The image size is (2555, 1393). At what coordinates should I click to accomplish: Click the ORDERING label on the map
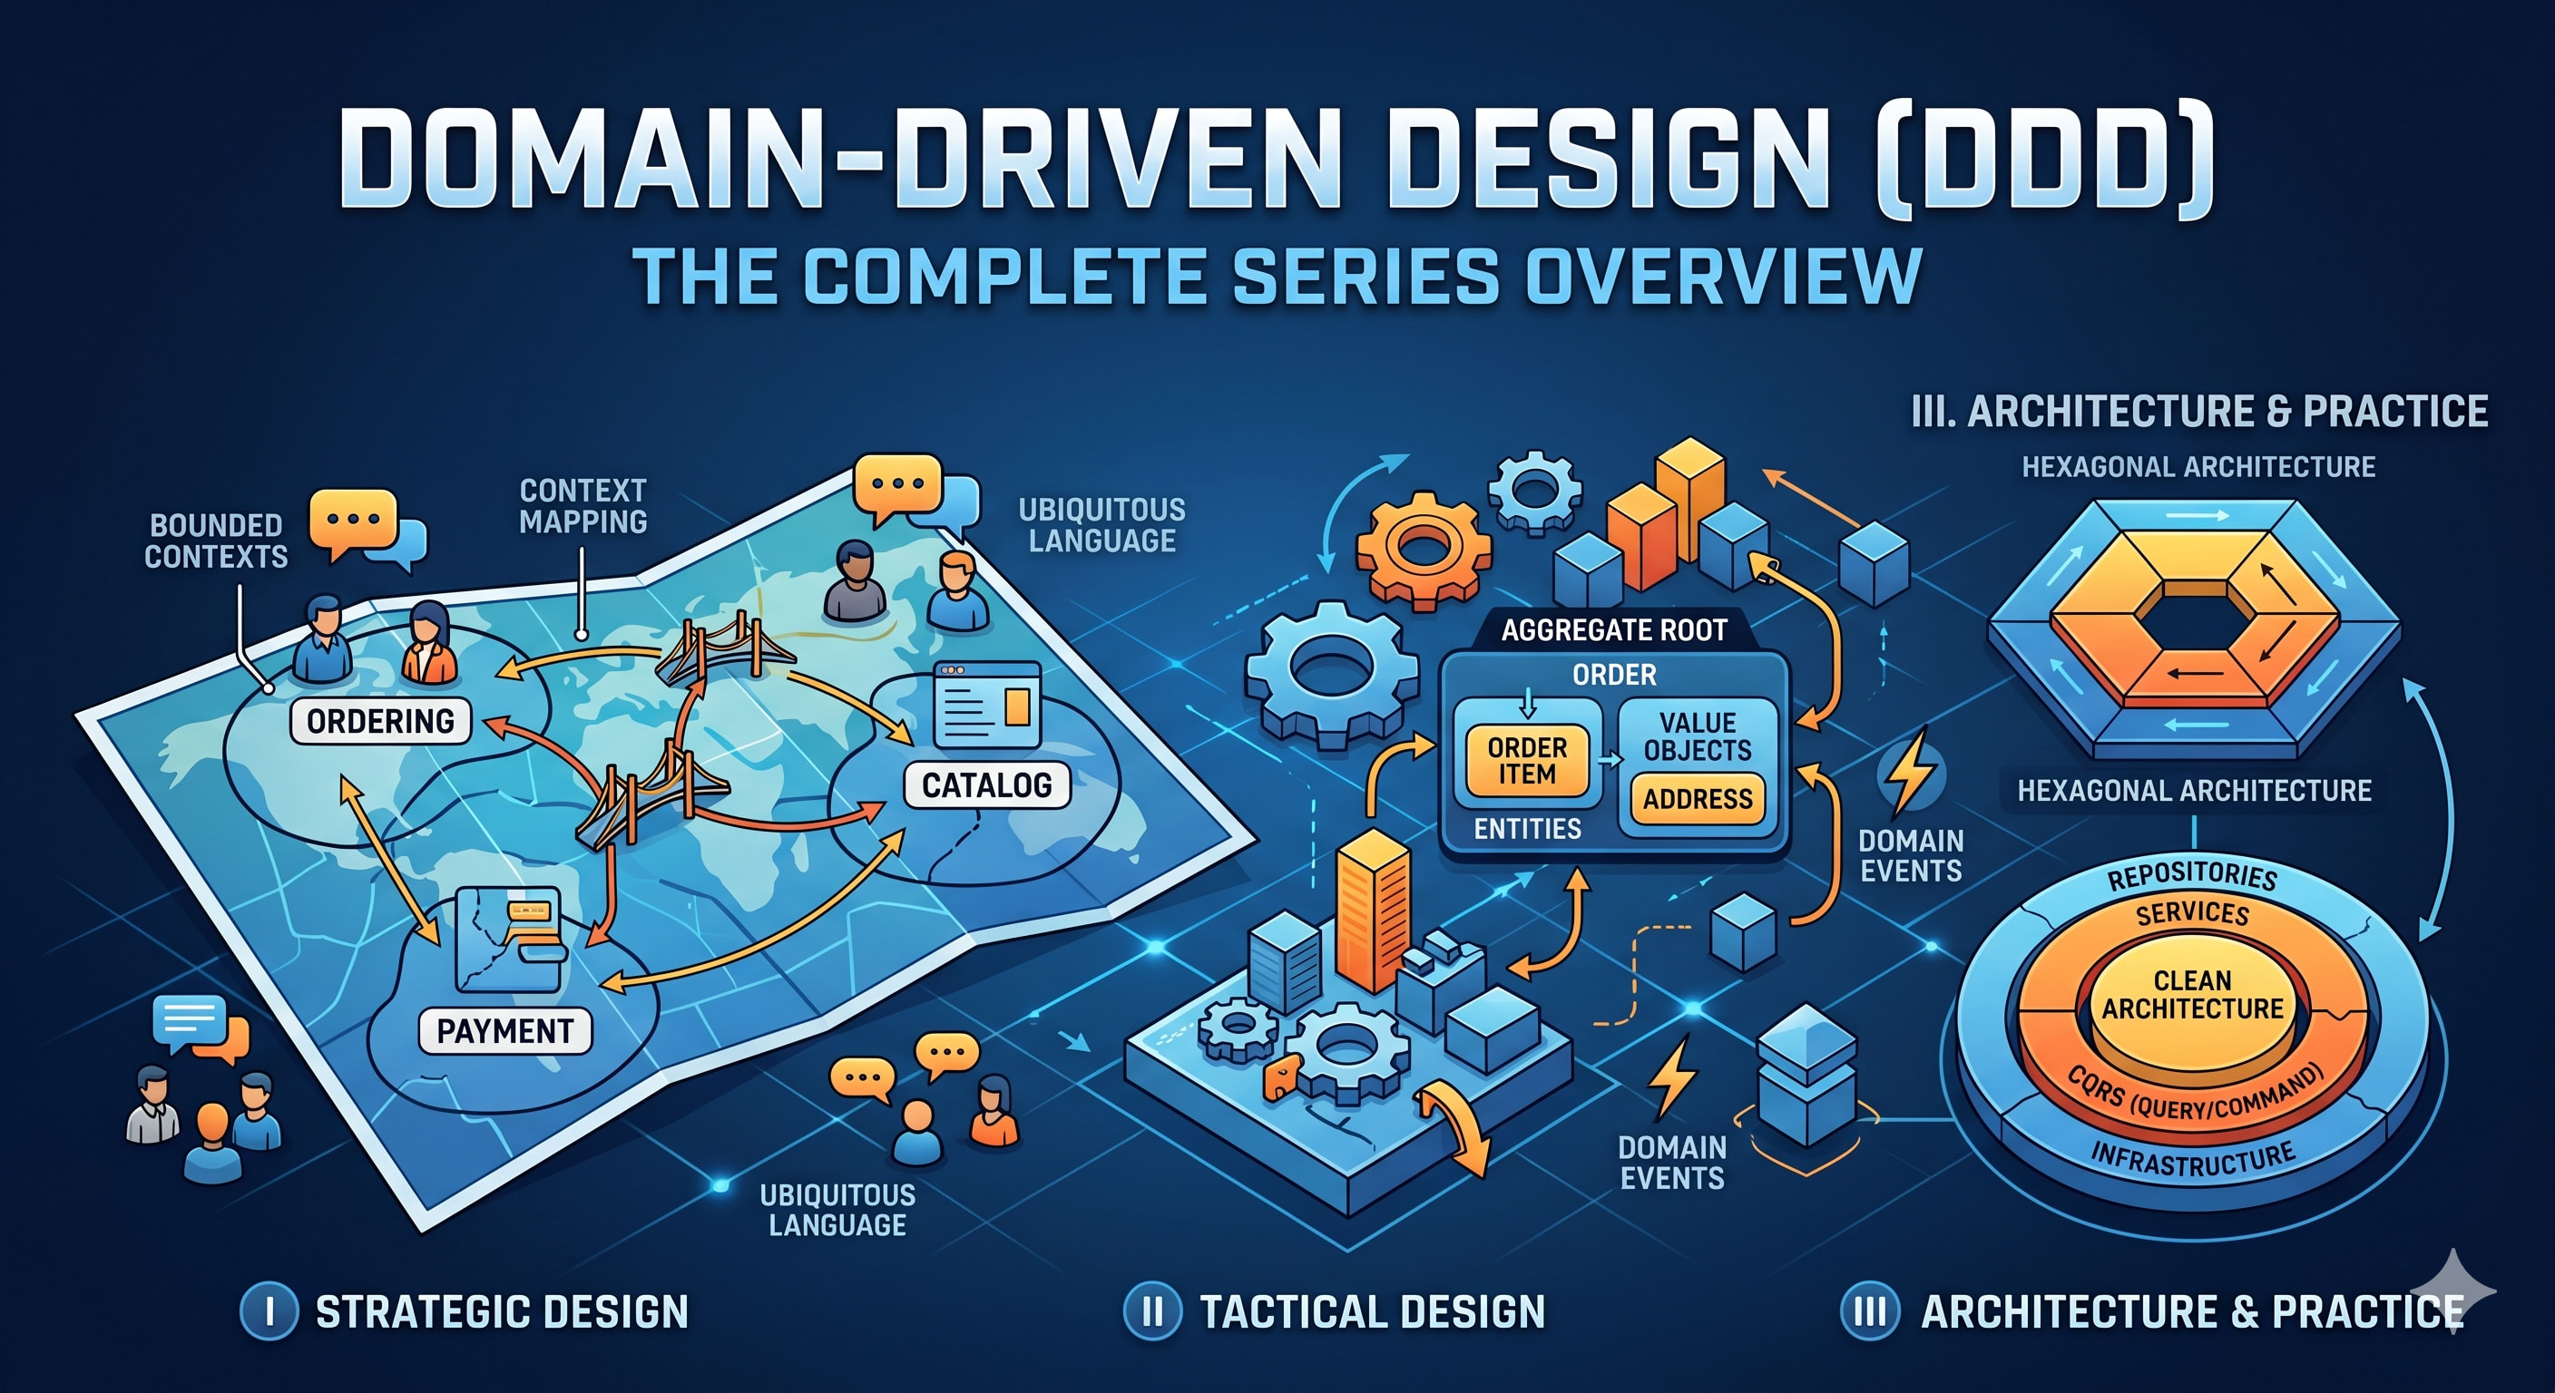380,721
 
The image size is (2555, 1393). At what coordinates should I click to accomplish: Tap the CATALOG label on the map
987,785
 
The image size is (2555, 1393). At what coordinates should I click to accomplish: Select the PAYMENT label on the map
504,1031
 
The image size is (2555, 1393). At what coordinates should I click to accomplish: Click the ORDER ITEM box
1526,761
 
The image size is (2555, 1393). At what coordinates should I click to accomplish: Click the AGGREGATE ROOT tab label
1614,630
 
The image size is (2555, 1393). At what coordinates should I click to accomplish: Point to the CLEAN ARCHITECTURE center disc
2192,996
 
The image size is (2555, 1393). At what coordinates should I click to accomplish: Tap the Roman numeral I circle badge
269,1310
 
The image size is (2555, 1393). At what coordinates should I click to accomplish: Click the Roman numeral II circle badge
1151,1310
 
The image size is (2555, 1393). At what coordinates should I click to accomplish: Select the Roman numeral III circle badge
1870,1310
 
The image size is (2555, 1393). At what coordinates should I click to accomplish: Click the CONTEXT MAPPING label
583,506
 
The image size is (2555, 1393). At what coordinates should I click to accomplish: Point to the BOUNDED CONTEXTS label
216,541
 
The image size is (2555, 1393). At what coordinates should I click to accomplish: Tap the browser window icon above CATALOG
987,704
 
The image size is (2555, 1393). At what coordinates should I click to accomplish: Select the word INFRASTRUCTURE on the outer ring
2192,1159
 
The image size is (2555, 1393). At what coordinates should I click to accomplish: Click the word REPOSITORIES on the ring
2192,875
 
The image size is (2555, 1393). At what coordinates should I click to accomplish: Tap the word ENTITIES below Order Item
1526,829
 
